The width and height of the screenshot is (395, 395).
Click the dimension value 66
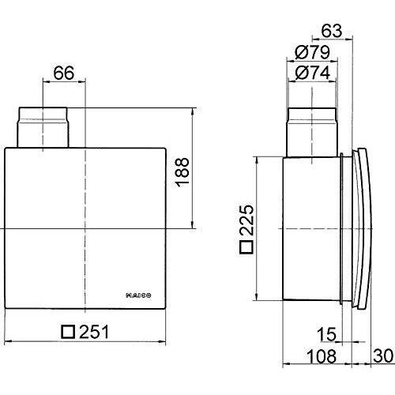tap(64, 73)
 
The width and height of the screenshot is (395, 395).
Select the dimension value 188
tap(182, 172)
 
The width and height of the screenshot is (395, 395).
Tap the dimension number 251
tap(94, 332)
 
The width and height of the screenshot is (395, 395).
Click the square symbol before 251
tap(68, 332)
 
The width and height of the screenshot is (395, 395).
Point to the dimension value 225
tap(246, 220)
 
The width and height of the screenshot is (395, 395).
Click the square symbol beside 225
tap(246, 247)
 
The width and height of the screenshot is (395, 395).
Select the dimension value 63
tap(332, 31)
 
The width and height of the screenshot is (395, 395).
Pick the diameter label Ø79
tap(313, 52)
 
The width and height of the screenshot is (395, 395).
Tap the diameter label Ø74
tap(313, 73)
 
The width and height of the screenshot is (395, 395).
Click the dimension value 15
tap(326, 334)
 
